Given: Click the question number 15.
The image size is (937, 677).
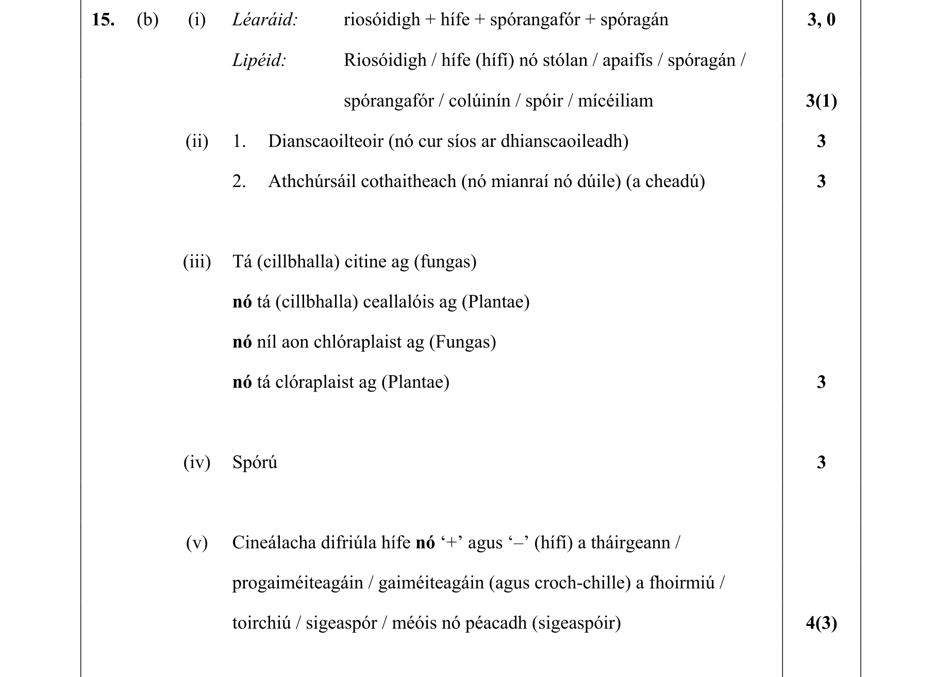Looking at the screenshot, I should click(x=103, y=20).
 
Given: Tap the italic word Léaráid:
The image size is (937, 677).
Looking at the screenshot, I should click(x=265, y=20).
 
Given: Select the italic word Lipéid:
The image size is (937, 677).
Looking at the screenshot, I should click(x=259, y=60).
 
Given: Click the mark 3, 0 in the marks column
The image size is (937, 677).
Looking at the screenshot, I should click(x=821, y=20).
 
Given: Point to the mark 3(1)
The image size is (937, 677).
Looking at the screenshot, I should click(x=821, y=101).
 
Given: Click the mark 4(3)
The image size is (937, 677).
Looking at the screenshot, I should click(x=821, y=623).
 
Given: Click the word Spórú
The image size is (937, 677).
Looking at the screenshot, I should click(x=255, y=463).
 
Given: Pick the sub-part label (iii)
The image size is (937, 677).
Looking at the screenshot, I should click(x=197, y=262).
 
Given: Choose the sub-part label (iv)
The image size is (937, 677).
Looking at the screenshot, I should click(x=197, y=463).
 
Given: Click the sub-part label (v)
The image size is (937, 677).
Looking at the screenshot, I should click(x=197, y=543).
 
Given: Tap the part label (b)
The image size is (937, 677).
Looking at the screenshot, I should click(x=147, y=20).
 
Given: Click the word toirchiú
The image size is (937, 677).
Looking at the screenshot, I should click(x=261, y=623).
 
